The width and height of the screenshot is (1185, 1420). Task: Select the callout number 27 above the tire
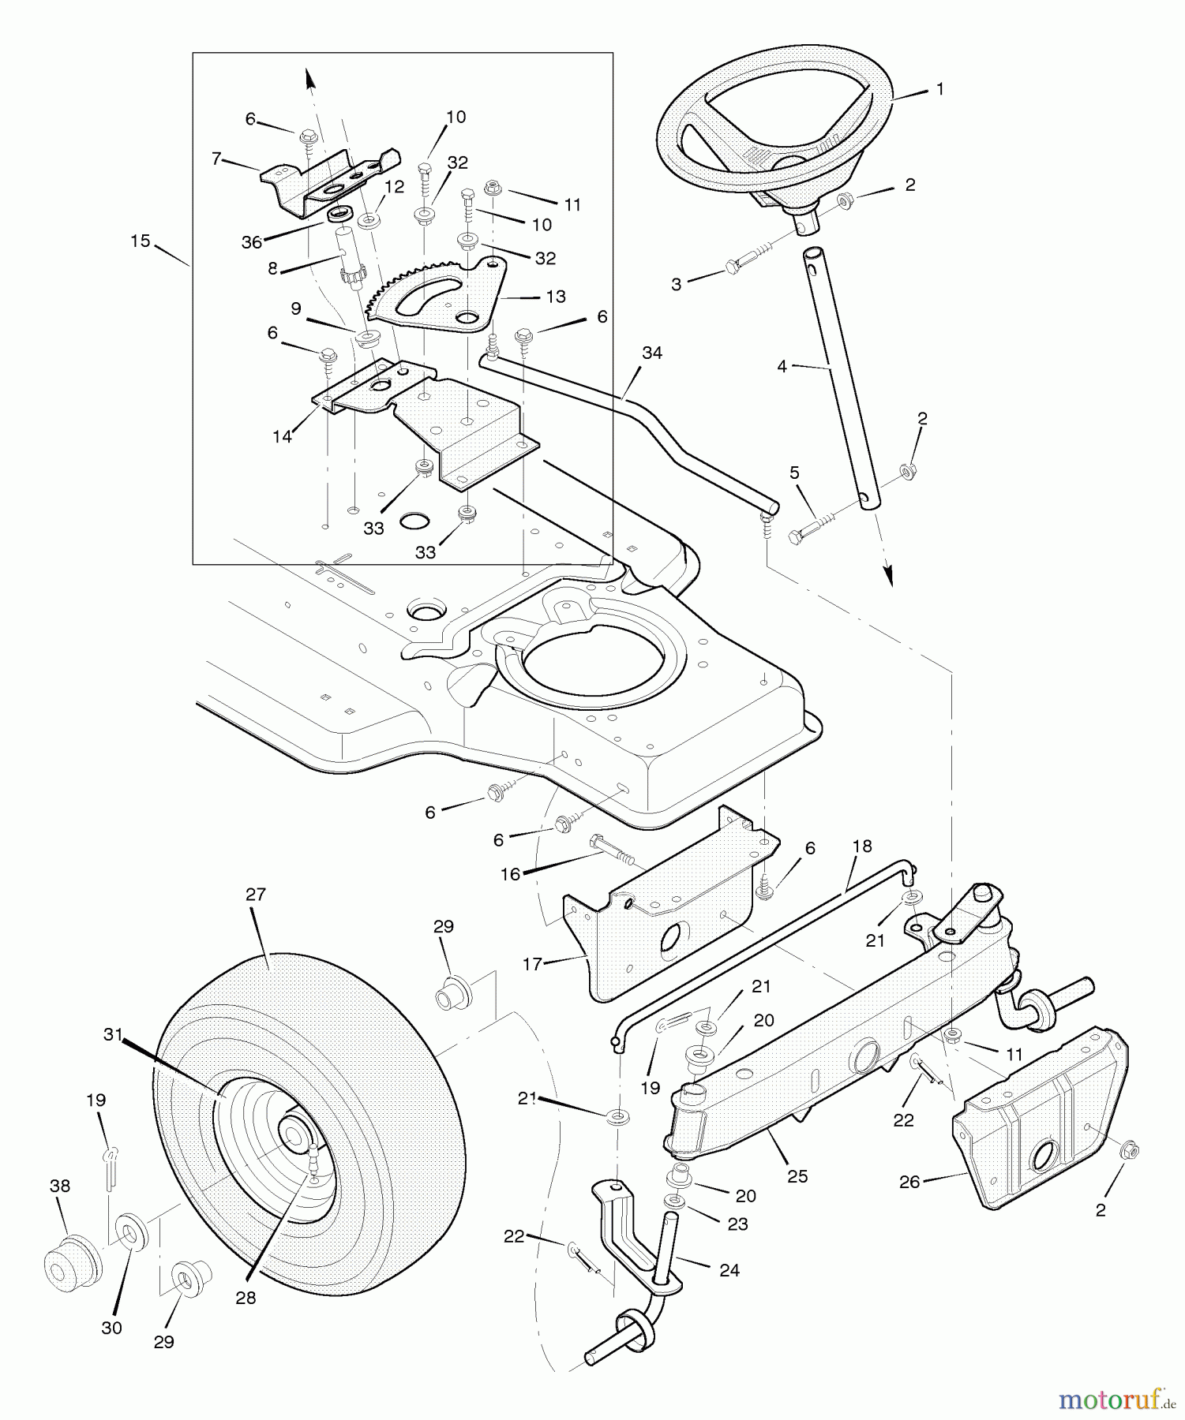(255, 895)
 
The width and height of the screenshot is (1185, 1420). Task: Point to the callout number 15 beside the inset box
(141, 241)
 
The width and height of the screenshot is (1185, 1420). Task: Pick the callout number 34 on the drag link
(652, 353)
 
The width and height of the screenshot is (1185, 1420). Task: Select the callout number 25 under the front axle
(797, 1176)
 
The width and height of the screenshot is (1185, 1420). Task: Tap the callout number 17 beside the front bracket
(532, 963)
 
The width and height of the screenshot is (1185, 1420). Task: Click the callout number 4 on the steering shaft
(782, 366)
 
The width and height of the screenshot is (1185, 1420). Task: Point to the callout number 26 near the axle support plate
(909, 1182)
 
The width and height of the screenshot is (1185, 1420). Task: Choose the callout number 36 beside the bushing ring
(251, 242)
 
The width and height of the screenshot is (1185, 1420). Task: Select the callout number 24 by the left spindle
(729, 1270)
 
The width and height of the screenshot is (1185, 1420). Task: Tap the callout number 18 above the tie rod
(862, 846)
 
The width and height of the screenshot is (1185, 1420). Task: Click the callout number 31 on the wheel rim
(113, 1034)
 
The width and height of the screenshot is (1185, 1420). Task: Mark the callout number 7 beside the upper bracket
(216, 159)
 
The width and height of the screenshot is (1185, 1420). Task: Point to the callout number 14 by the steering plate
(282, 436)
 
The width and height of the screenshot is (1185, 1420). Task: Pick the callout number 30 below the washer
(111, 1328)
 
